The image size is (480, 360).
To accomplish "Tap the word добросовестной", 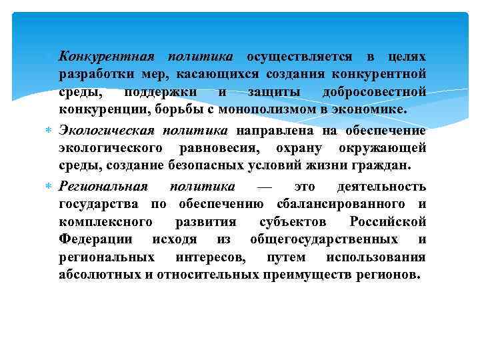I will pyautogui.click(x=373, y=91).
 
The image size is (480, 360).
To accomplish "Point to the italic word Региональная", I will pyautogui.click(x=103, y=185).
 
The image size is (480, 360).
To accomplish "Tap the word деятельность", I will pyautogui.click(x=381, y=185).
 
